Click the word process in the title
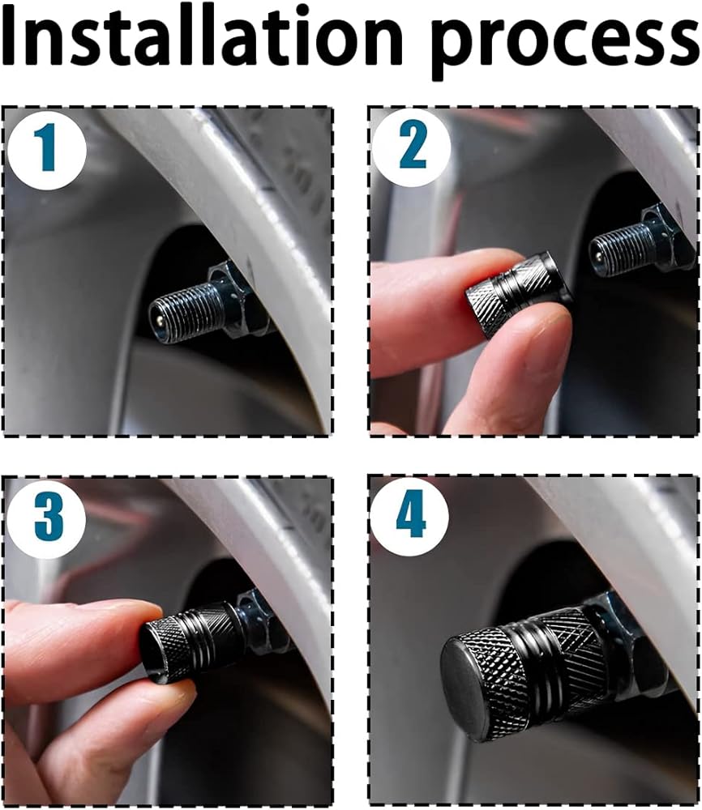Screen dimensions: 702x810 click(x=564, y=44)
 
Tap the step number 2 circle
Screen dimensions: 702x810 click(x=412, y=147)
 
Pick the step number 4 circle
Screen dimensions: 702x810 click(x=410, y=517)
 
